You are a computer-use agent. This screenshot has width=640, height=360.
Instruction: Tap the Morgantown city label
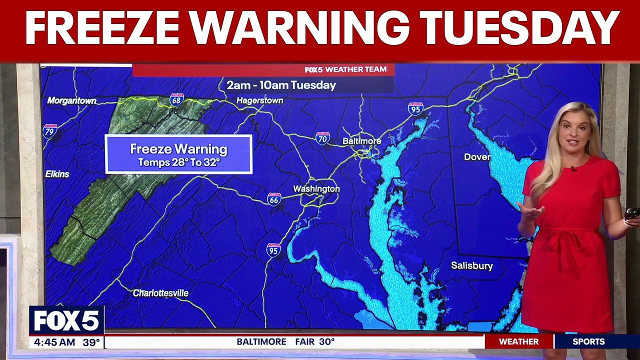(x=71, y=101)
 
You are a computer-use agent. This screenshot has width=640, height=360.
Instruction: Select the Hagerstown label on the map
(x=259, y=100)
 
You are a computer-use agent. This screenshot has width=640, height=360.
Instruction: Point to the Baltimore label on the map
(x=361, y=141)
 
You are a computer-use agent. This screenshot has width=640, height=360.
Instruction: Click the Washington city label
(x=316, y=189)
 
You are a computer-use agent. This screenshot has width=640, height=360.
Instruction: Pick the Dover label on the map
(x=477, y=157)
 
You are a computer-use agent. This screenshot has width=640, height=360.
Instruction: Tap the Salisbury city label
(x=471, y=266)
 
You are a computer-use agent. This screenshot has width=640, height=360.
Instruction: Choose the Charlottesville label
(x=160, y=293)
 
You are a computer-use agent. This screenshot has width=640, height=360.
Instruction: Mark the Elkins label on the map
(x=57, y=174)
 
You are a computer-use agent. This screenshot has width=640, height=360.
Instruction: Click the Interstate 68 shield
(x=176, y=99)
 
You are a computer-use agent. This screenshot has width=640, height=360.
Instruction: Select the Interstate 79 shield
(x=49, y=131)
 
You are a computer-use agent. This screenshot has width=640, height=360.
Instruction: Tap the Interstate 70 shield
(x=322, y=138)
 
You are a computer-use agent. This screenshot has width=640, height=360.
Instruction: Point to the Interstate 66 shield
(x=273, y=199)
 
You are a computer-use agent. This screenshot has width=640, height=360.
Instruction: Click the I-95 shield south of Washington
(x=273, y=249)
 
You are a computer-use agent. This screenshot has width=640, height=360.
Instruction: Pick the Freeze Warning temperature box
(x=178, y=154)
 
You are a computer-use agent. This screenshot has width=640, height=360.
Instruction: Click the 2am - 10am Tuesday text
(x=281, y=85)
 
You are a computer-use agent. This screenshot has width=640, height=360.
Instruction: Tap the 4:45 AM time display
(x=52, y=342)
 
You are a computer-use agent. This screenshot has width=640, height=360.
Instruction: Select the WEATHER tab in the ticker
(x=518, y=342)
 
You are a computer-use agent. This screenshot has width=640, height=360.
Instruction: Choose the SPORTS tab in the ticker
(x=588, y=342)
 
